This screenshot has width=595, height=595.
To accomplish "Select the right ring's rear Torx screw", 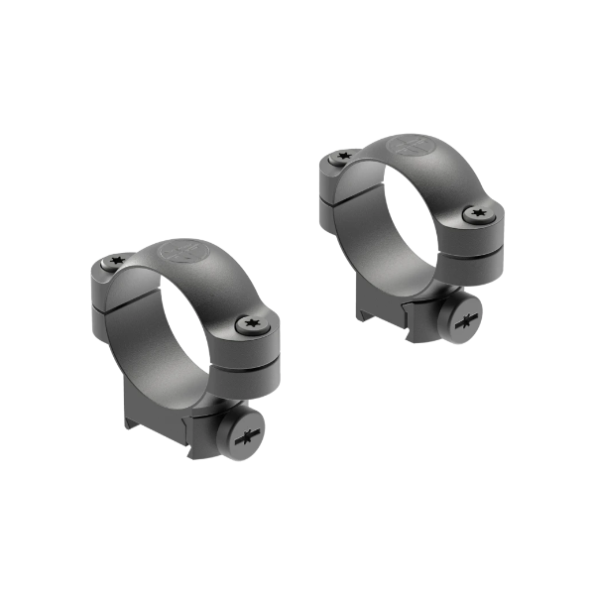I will (344, 156).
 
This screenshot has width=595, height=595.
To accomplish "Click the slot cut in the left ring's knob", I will (246, 434).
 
